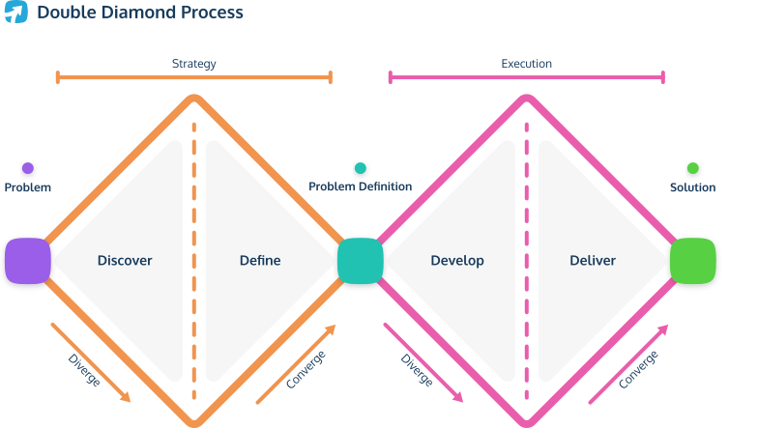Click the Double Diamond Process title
point(140,13)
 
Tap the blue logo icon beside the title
point(15,13)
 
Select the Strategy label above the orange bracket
point(193,64)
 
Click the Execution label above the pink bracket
point(526,64)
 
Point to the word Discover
point(125,261)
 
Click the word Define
point(260,261)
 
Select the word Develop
point(457,261)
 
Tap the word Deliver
point(593,261)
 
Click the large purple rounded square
point(27,261)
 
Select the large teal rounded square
point(361,261)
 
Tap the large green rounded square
point(693,261)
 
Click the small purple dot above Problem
point(27,168)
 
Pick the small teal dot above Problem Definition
point(361,168)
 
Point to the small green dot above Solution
point(693,168)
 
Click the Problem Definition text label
point(361,186)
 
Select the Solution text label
point(693,186)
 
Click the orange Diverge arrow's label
point(84,371)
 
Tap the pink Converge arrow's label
point(638,370)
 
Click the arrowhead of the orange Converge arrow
point(332,328)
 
